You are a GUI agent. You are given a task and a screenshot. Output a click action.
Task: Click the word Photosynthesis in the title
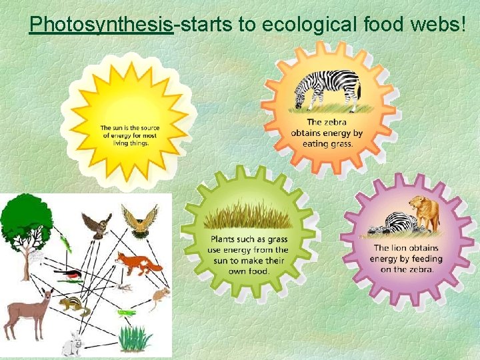click(101, 25)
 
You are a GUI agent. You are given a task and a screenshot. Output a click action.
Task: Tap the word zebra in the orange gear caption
click(338, 123)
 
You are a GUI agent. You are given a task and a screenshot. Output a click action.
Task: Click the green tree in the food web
click(27, 220)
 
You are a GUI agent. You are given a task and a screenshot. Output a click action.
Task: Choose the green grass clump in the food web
click(135, 337)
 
